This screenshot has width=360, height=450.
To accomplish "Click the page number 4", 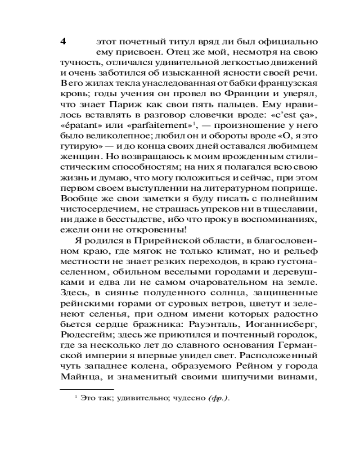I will (63, 41).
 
